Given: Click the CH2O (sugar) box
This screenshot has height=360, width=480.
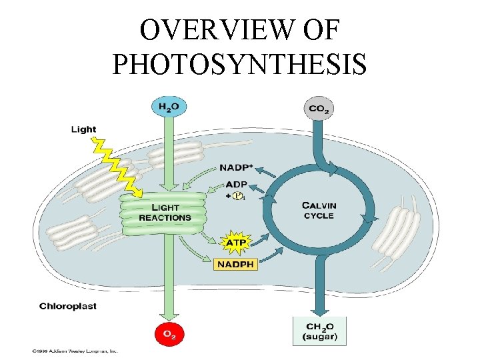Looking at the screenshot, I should coord(320,331).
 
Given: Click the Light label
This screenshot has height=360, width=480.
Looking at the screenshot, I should coord(83,129).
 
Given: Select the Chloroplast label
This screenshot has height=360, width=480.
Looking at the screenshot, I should coord(68,306).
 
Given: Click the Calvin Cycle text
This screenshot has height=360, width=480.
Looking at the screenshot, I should coord(319,210).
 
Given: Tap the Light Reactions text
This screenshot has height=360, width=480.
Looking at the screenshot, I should coord(165,213).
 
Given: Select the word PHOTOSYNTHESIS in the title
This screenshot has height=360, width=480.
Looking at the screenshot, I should coord(239,64).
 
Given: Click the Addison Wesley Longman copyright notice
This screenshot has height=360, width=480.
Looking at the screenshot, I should coord(74,349).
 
